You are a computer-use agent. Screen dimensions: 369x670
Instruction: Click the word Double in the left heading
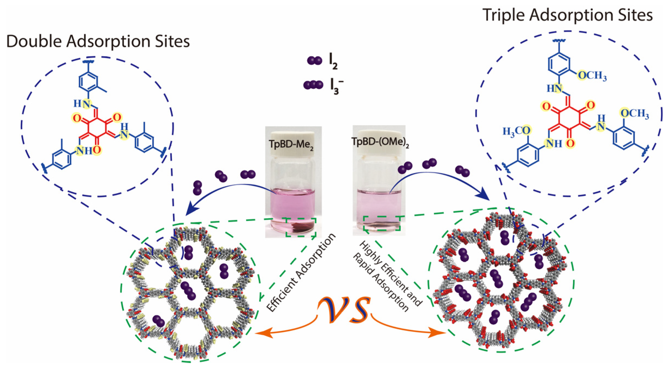[34, 42]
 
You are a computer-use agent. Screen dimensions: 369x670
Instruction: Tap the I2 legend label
[333, 62]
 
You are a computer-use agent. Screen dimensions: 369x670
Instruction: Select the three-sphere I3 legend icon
[313, 85]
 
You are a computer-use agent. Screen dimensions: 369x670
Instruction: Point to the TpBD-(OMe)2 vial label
[380, 142]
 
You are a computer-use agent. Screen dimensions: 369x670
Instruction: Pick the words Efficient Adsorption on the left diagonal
[300, 272]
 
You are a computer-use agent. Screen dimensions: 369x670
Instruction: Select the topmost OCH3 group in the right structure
[592, 76]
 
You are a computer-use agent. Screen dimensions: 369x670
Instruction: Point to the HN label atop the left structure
[82, 104]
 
